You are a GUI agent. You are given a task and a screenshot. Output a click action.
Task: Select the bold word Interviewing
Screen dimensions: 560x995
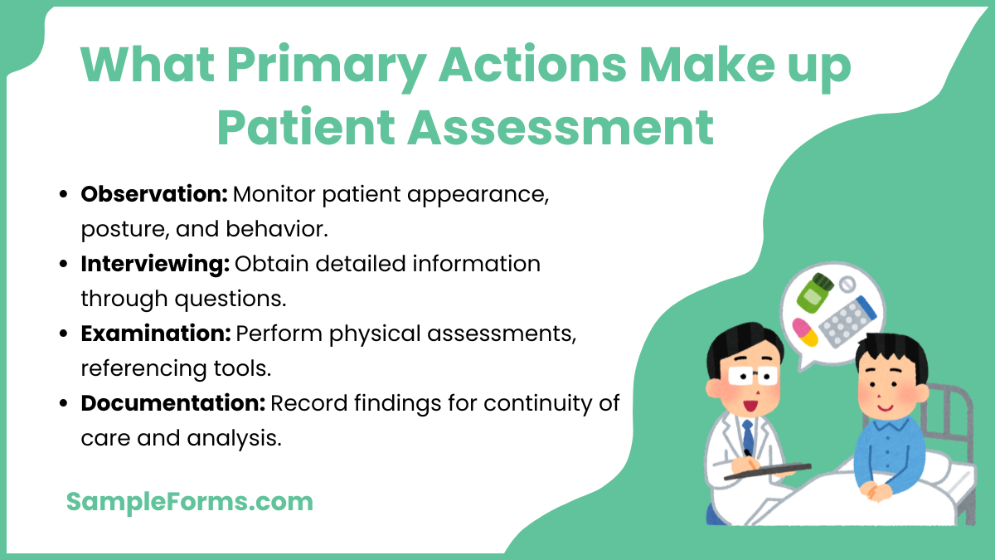tap(154, 264)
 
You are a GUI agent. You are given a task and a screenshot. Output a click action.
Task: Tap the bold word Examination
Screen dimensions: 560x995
tap(155, 334)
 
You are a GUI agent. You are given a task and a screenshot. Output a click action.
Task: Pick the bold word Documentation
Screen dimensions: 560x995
tap(172, 403)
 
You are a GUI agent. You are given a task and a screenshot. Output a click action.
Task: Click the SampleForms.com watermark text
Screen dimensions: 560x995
tap(189, 501)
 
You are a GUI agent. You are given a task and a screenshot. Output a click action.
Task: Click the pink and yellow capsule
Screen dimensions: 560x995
tap(804, 331)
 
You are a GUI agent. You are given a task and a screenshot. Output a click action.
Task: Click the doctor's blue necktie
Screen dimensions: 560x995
tap(748, 436)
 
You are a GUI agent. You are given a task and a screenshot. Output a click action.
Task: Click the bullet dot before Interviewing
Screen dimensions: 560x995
tap(65, 265)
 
